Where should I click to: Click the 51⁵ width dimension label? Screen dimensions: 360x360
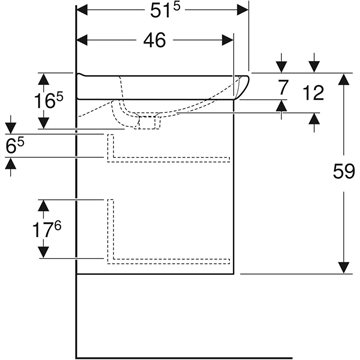tap(165, 10)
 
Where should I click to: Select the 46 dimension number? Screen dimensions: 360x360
tap(154, 41)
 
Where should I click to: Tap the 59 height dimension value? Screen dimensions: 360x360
tap(344, 172)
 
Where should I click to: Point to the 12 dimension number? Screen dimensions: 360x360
tap(313, 93)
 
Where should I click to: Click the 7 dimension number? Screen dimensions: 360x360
tap(282, 88)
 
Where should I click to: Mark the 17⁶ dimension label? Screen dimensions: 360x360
tap(46, 229)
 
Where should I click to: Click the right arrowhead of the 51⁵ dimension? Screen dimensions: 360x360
tap(243, 10)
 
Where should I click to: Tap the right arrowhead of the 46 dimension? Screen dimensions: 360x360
tap(228, 40)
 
